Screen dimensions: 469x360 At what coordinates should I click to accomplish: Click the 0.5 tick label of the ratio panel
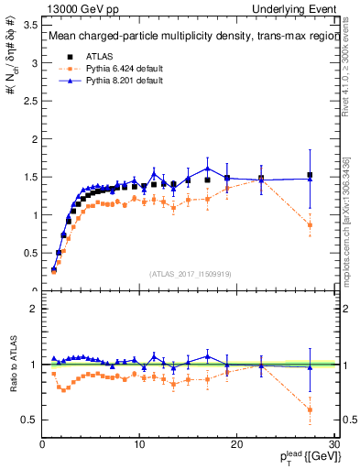30,420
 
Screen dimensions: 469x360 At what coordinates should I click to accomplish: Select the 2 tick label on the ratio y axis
35,309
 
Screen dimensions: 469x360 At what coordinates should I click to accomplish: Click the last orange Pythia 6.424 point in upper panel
310,224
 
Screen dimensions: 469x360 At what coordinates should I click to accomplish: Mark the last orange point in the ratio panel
310,409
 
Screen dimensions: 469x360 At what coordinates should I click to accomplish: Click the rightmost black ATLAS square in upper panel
310,175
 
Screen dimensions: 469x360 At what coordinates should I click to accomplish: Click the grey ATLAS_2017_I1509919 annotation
191,273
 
